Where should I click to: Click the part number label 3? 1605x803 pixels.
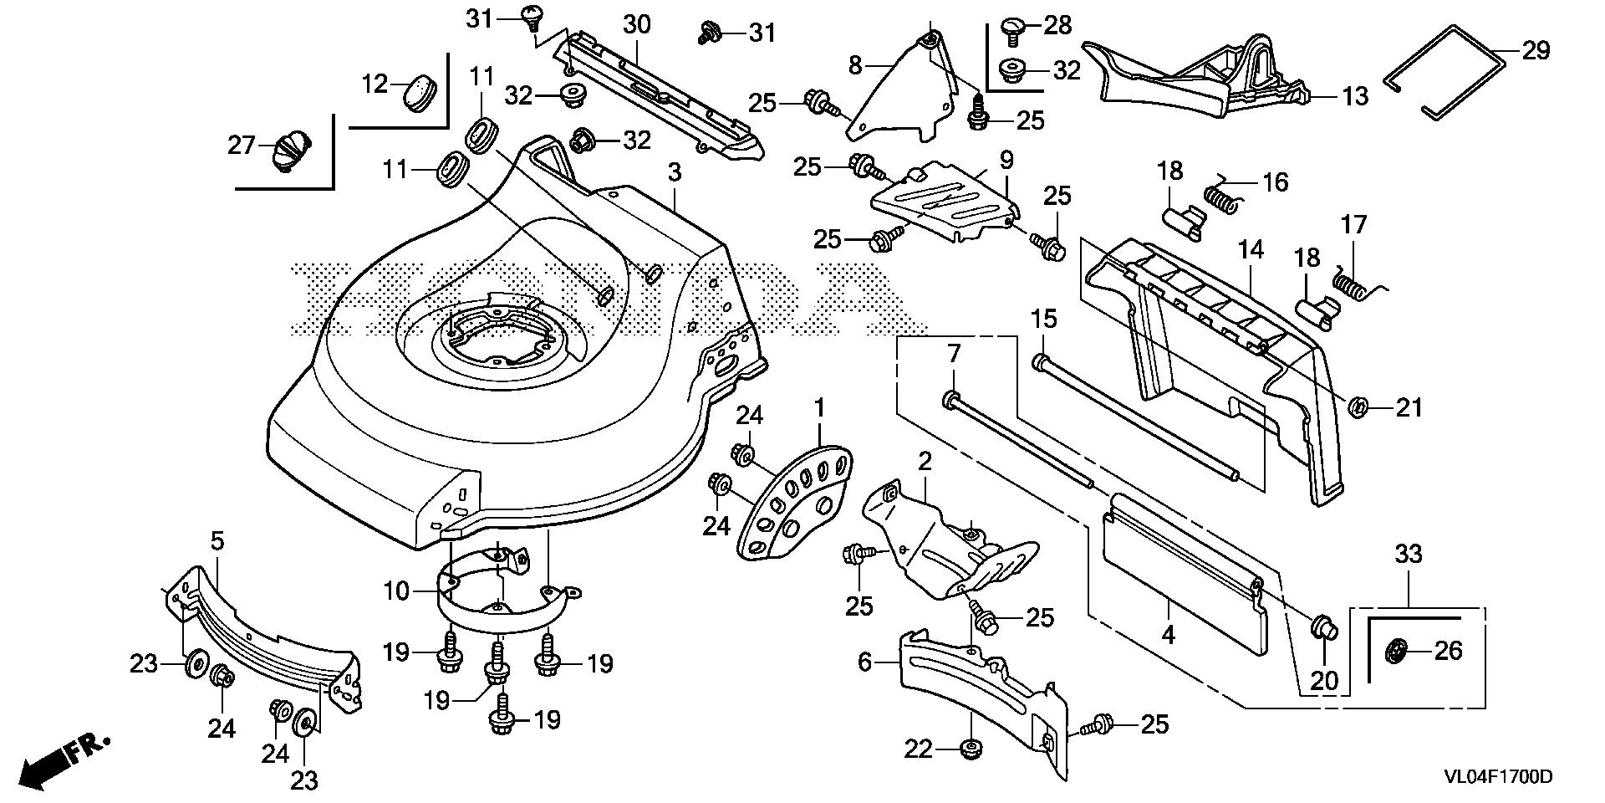point(675,173)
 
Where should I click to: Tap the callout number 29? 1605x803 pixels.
point(1535,51)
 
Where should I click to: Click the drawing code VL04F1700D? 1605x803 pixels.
point(1498,778)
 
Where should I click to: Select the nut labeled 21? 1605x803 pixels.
point(1359,407)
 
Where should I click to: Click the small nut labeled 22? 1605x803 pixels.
point(971,749)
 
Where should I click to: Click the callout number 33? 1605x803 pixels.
point(1408,554)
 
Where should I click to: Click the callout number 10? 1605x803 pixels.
point(396,592)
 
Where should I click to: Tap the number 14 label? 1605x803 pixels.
point(1251,249)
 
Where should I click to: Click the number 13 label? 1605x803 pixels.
point(1355,97)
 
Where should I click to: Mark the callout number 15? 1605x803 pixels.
point(1044,319)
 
